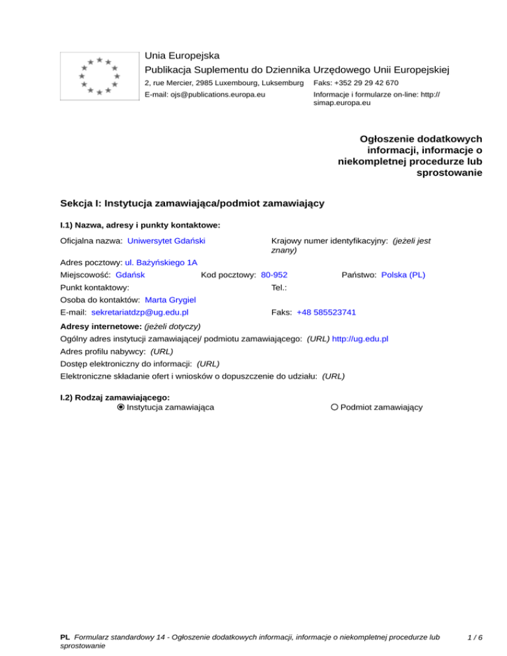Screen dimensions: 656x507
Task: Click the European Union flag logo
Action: point(99,75)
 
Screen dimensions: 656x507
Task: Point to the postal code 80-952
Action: point(274,275)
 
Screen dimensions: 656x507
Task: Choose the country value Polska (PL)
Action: point(403,275)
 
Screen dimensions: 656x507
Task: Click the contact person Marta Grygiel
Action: point(170,300)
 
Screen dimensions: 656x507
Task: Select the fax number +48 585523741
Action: point(326,312)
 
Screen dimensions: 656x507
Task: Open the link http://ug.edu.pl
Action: point(360,339)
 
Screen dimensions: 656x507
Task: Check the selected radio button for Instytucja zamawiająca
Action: point(121,407)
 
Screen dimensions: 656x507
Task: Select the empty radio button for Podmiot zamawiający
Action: point(335,407)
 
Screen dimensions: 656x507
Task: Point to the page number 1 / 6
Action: point(475,638)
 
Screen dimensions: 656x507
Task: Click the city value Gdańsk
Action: point(130,275)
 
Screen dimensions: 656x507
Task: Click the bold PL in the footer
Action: point(65,638)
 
